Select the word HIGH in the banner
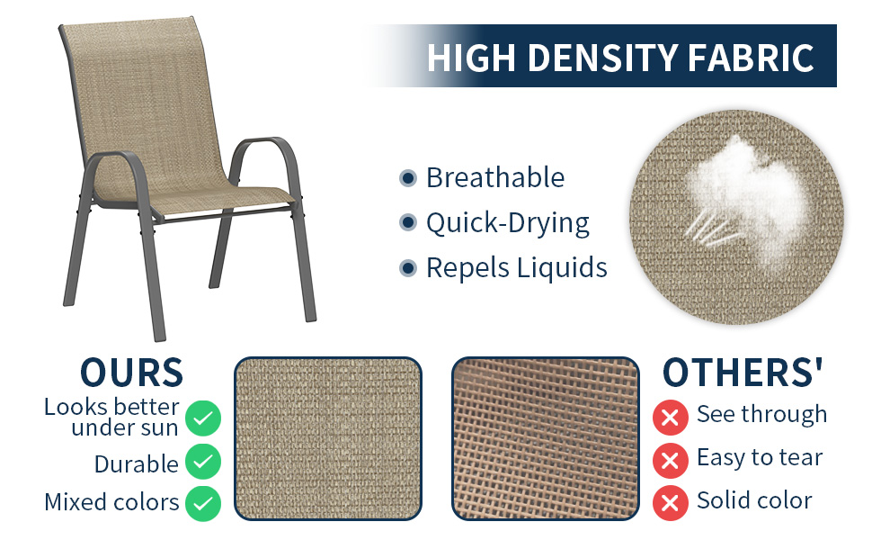pyautogui.click(x=470, y=58)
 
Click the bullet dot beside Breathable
pyautogui.click(x=408, y=178)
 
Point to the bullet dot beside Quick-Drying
pyautogui.click(x=408, y=222)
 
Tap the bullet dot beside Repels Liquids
pyautogui.click(x=408, y=267)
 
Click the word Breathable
pyautogui.click(x=495, y=178)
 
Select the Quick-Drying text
pyautogui.click(x=508, y=223)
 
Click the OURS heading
pyautogui.click(x=131, y=373)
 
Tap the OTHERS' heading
pyautogui.click(x=743, y=373)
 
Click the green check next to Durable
pyautogui.click(x=203, y=463)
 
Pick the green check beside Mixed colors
pyautogui.click(x=203, y=502)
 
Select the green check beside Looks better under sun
pyautogui.click(x=203, y=418)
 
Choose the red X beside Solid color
pyautogui.click(x=669, y=502)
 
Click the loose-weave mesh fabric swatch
pyautogui.click(x=545, y=438)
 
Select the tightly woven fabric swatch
pyautogui.click(x=328, y=438)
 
